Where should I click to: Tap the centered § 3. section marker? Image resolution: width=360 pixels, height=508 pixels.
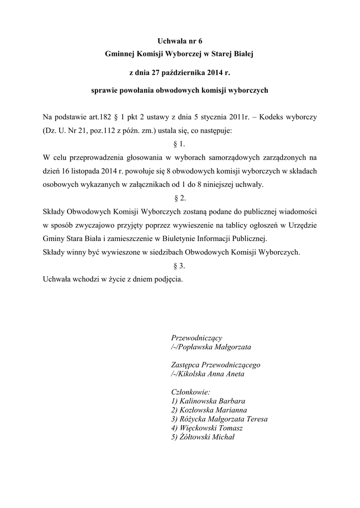pyautogui.click(x=180, y=265)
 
